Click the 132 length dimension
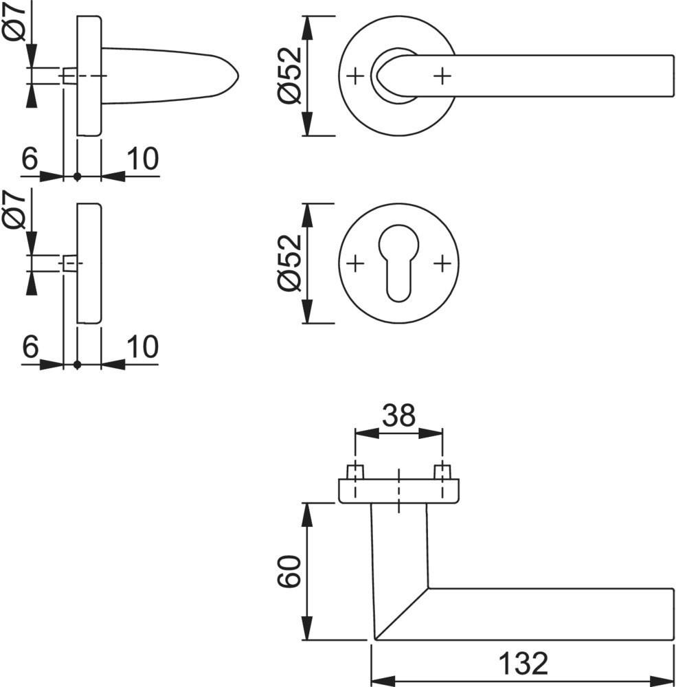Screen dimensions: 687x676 pyautogui.click(x=523, y=664)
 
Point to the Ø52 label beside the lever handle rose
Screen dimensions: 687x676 pyautogui.click(x=290, y=76)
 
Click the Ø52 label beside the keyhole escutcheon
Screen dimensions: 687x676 pyautogui.click(x=290, y=263)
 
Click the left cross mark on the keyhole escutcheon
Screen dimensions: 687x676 pyautogui.click(x=354, y=262)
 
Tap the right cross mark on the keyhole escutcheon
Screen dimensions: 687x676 pyautogui.click(x=442, y=262)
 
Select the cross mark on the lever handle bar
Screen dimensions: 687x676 pyautogui.click(x=442, y=76)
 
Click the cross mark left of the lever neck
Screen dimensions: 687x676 pyautogui.click(x=354, y=76)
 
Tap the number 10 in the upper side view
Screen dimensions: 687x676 pyautogui.click(x=143, y=159)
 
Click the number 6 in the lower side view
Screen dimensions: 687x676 pyautogui.click(x=30, y=348)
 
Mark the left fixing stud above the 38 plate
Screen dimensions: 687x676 pyautogui.click(x=354, y=472)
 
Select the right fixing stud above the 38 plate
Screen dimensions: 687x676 pyautogui.click(x=442, y=472)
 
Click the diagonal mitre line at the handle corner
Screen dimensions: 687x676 pyautogui.click(x=401, y=613)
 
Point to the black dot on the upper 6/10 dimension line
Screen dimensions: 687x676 pyautogui.click(x=77, y=177)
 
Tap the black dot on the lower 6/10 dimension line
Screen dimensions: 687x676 pyautogui.click(x=77, y=365)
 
